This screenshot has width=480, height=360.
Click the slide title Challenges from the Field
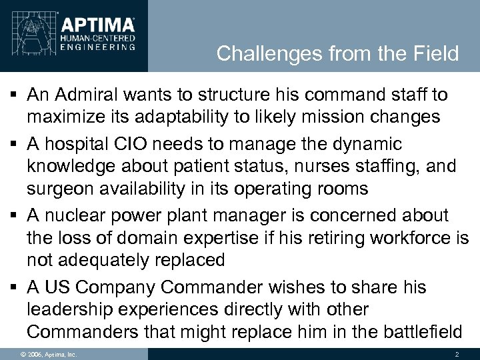pos(338,53)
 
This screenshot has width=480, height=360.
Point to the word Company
pos(117,288)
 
